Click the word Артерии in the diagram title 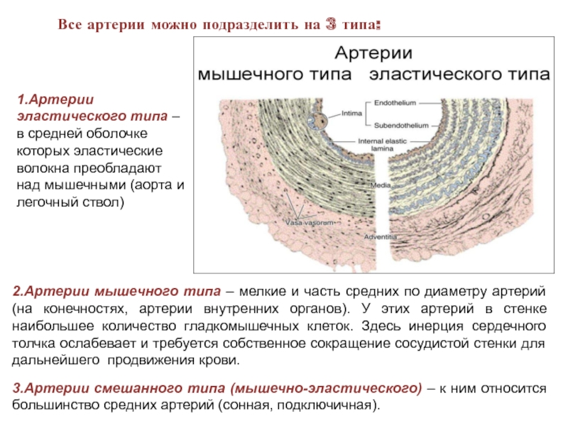point(373,53)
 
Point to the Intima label point(351,112)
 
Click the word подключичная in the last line point(334,406)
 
